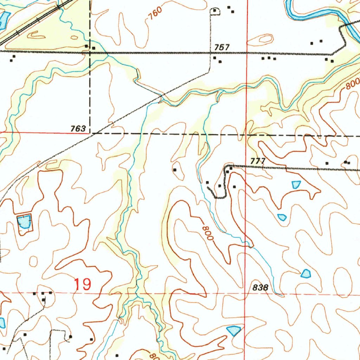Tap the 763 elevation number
tap(78, 129)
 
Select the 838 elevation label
tap(261, 287)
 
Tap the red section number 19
tap(83, 284)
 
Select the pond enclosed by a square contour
tap(24, 222)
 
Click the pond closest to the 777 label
tap(296, 184)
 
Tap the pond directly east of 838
tap(306, 273)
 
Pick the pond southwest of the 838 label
tap(233, 330)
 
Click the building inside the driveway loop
tap(215, 11)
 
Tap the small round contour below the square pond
tap(34, 261)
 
